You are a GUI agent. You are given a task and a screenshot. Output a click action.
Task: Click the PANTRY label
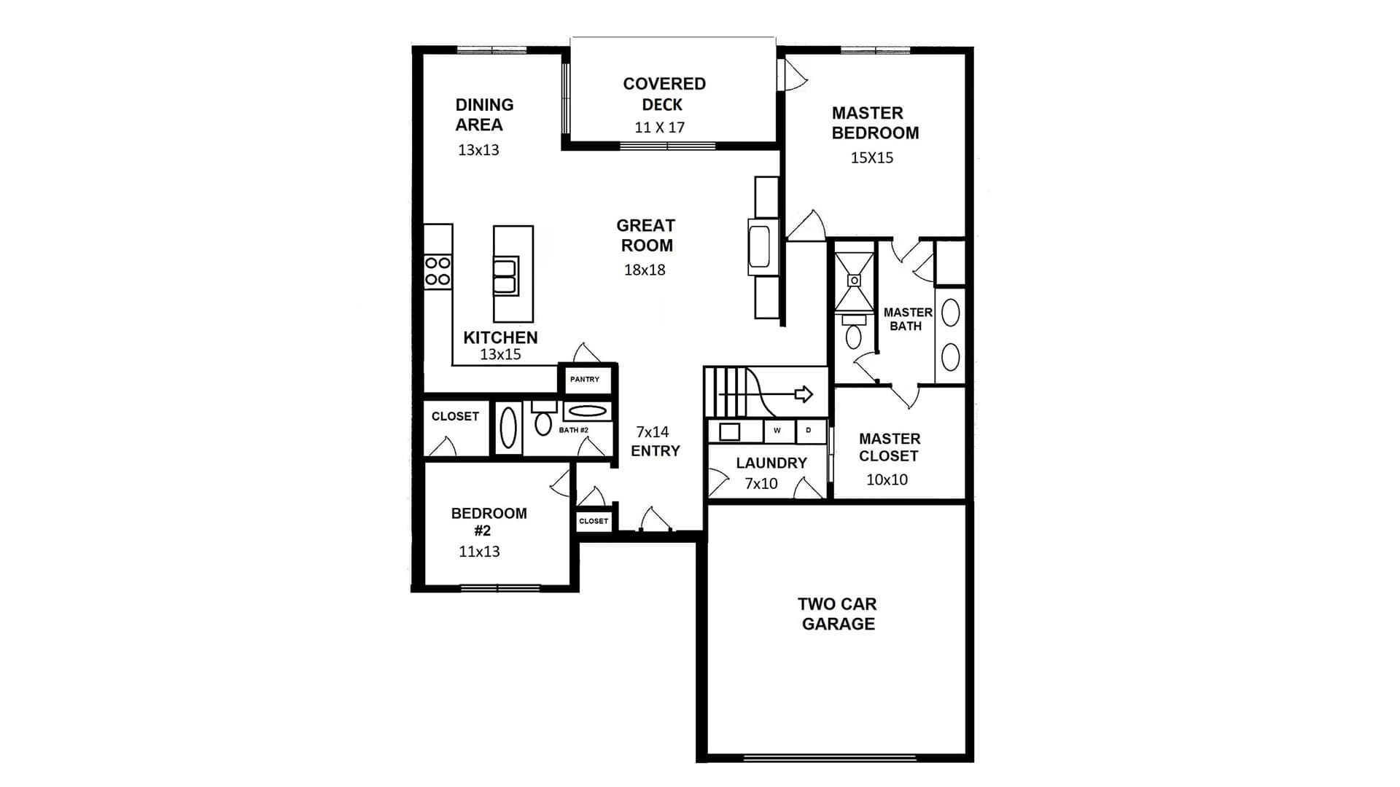coord(585,380)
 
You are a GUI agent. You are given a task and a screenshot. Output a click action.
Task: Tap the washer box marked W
coord(778,431)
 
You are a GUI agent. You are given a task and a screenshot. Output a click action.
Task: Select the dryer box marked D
coord(809,431)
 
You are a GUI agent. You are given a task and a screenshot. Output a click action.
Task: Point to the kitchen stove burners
coord(437,270)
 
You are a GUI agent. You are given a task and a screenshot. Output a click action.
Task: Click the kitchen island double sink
coord(506,275)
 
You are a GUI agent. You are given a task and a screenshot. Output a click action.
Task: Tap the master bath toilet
coord(854,332)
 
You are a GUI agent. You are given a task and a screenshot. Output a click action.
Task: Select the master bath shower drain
coord(854,281)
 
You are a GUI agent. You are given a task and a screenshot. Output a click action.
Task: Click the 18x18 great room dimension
coord(645,270)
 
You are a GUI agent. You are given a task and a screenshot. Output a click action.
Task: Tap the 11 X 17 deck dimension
coord(659,128)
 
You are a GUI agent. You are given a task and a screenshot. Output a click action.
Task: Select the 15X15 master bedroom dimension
coord(872,157)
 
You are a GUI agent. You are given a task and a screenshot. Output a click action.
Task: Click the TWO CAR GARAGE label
coord(837,614)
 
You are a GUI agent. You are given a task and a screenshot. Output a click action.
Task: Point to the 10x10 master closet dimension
coord(887,479)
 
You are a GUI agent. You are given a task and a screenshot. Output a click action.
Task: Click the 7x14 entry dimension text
coord(652,431)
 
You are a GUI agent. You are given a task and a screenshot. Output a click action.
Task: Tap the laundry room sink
coord(729,431)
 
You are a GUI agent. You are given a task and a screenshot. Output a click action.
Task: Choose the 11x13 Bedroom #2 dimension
coord(479,552)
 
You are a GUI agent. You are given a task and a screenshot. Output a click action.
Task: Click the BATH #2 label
coord(574,430)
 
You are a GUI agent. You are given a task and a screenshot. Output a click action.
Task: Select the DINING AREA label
coord(484,114)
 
